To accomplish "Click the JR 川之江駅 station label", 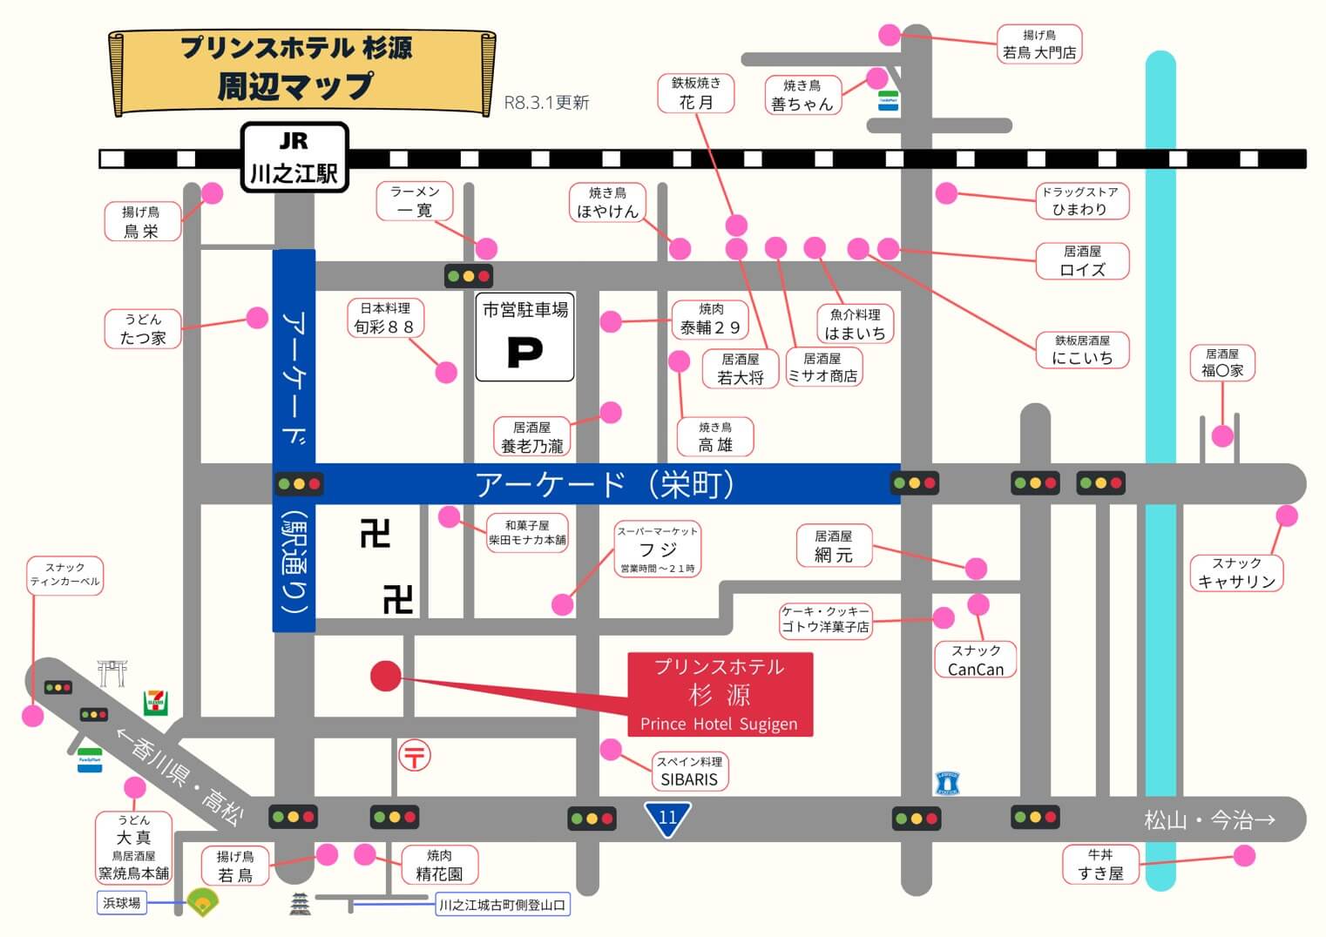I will click(294, 158).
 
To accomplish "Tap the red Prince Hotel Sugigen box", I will click(720, 695).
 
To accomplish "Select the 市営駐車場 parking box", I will click(524, 337).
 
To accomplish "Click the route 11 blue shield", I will click(667, 819).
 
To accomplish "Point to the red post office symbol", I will click(415, 756).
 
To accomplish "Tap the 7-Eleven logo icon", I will click(156, 703).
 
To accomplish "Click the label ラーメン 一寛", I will click(415, 201).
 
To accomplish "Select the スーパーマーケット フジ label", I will click(658, 549).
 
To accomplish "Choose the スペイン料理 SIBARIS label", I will click(689, 771).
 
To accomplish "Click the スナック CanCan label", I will click(975, 660).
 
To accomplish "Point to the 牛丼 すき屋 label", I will click(1100, 864).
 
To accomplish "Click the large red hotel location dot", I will click(385, 676).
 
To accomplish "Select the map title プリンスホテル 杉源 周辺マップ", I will click(297, 68).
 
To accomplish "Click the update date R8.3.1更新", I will click(546, 103).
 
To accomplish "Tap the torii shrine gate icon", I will click(112, 673).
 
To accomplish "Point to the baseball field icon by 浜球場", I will click(202, 902).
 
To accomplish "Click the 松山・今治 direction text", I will click(1209, 819).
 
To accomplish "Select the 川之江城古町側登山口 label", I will click(502, 905).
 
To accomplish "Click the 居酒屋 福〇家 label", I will click(1222, 362).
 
